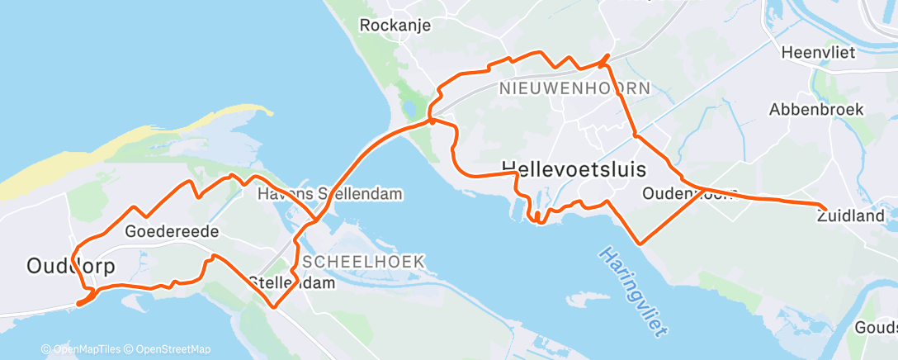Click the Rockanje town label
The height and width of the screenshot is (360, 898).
point(395,26)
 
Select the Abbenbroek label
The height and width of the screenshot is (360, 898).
point(815,109)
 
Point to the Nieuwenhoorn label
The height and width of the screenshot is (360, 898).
point(574,88)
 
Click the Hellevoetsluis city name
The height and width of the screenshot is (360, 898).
point(573,168)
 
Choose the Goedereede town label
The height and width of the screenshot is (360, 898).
point(172,232)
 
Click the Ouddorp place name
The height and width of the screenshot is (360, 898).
point(70,266)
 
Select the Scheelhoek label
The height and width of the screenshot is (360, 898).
point(363,261)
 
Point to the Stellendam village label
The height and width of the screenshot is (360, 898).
point(292,282)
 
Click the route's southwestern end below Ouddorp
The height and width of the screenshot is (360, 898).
point(78,304)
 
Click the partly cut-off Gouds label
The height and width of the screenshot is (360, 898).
point(880,324)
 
